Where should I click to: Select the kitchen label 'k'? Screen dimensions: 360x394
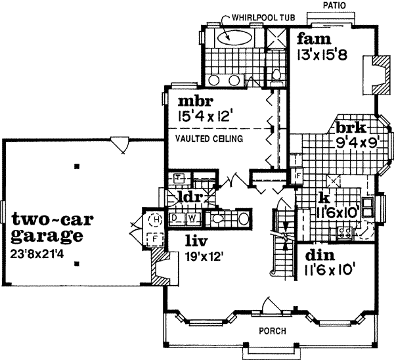coord(323,197)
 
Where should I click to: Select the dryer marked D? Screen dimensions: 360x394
coord(177,217)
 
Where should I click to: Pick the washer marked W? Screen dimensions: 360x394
coord(193,217)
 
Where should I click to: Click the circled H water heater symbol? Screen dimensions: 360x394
coord(156,219)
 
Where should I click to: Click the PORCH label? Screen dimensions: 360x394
coord(271,330)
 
